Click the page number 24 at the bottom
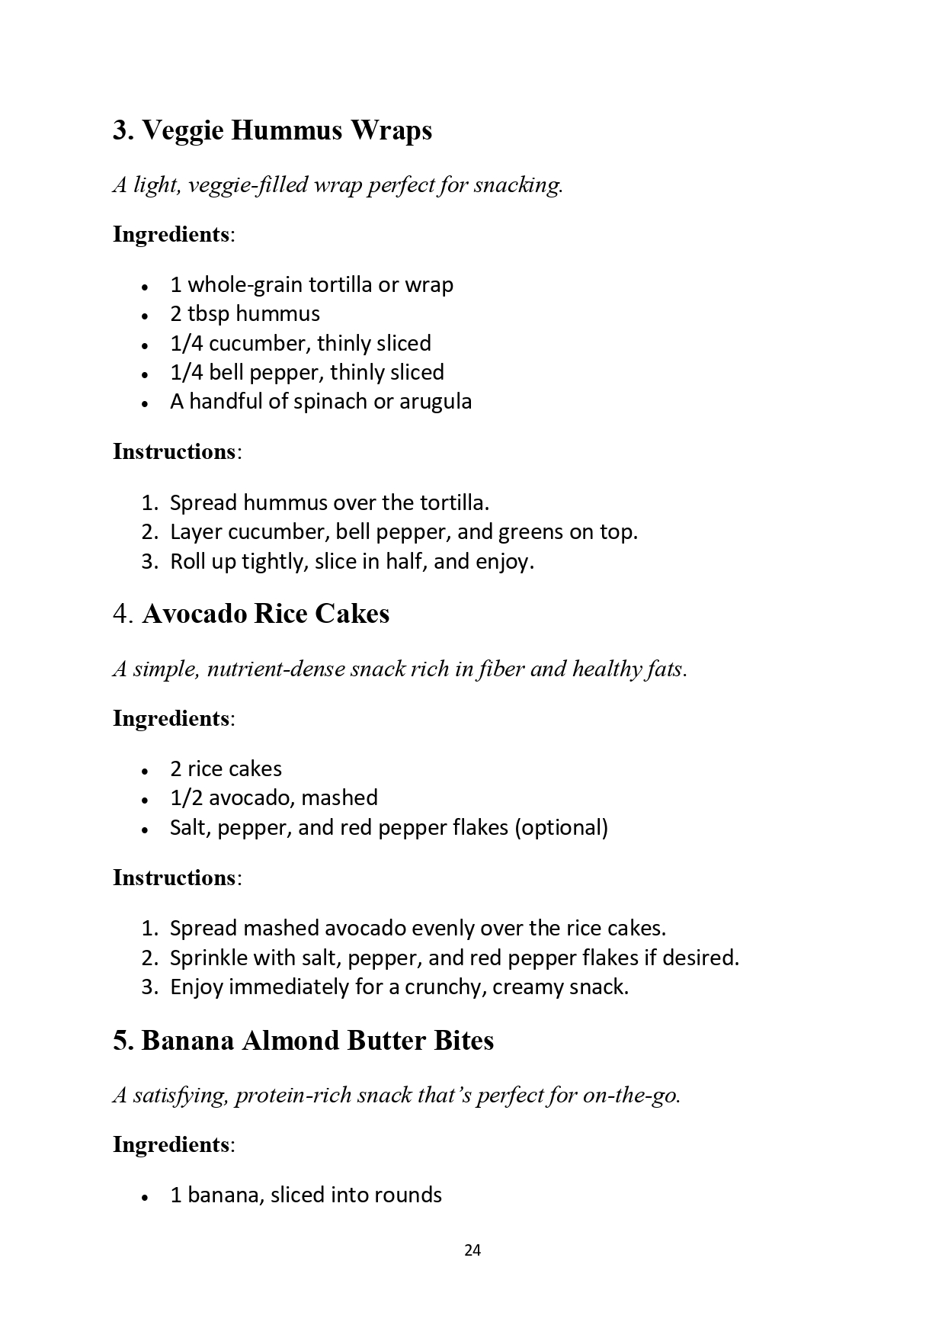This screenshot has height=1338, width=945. click(472, 1250)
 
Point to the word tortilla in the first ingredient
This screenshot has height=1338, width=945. click(333, 285)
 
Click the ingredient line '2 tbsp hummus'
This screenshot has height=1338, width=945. click(245, 314)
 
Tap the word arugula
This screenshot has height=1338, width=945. click(435, 402)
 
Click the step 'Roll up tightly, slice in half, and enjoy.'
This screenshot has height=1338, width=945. click(351, 562)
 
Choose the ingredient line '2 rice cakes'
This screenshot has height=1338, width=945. click(226, 768)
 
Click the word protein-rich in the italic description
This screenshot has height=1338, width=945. click(293, 1096)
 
